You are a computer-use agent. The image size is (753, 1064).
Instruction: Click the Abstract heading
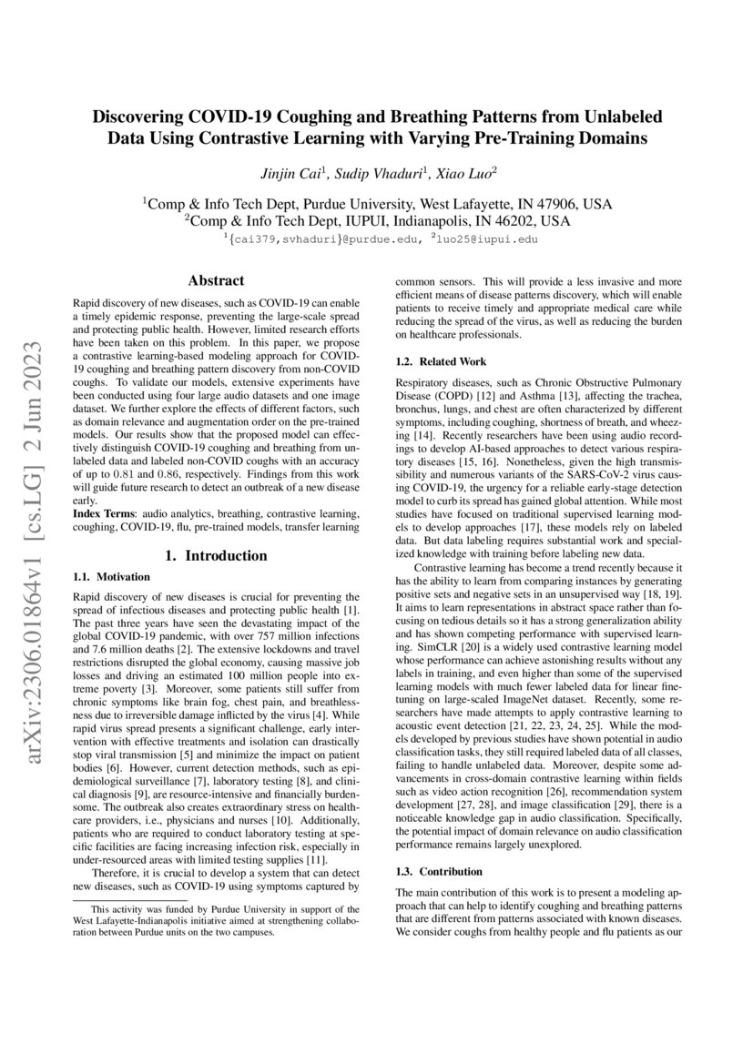(215, 281)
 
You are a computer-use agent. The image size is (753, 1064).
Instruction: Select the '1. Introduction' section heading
(215, 555)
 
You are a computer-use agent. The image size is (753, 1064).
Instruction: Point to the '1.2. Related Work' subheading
(436, 362)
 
